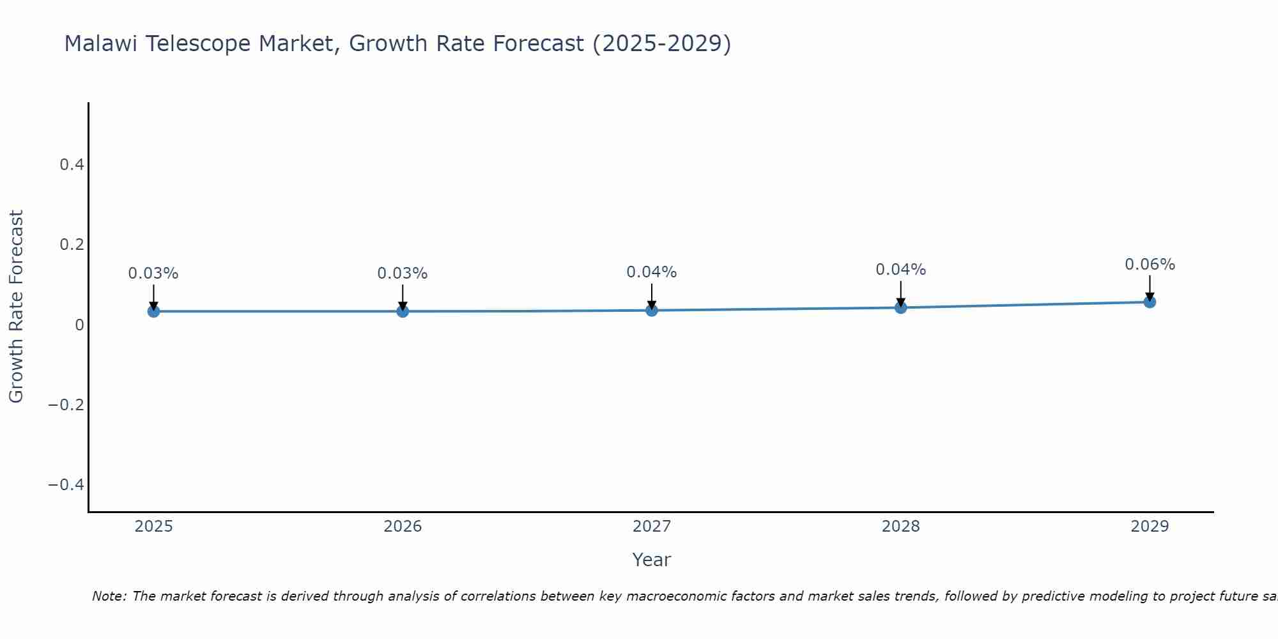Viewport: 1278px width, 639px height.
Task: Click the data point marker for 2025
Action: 153,311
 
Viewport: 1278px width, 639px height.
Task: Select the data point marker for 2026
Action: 403,311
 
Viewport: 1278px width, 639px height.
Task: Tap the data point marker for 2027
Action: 652,310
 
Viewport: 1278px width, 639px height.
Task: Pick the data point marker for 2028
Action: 901,307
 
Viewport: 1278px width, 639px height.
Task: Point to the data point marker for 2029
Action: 1150,302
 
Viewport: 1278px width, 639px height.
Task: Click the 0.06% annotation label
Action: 1150,265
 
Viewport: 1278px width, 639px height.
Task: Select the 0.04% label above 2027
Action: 651,272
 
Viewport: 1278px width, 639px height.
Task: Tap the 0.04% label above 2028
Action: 900,270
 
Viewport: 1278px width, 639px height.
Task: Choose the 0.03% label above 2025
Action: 153,273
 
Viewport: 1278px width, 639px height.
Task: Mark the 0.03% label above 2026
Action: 402,273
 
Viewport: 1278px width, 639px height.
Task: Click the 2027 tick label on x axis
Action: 651,527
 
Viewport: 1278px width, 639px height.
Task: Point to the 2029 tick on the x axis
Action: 1150,527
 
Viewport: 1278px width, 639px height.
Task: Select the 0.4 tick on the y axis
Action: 72,165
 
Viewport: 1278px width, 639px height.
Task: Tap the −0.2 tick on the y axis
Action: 66,404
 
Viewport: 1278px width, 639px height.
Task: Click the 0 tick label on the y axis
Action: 79,325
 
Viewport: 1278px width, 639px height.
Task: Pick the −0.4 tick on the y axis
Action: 66,484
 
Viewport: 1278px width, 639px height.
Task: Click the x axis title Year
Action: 651,560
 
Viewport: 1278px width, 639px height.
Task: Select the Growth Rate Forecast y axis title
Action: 16,307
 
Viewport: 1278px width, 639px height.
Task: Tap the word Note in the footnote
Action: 108,596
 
